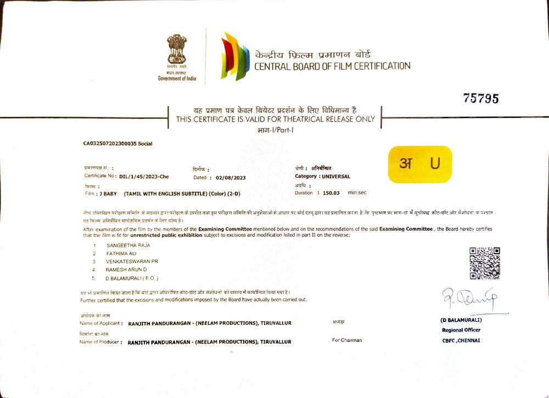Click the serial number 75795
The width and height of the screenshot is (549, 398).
[x=480, y=99]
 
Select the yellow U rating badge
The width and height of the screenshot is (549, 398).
[x=420, y=164]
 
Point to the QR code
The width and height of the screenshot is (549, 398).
[x=485, y=263]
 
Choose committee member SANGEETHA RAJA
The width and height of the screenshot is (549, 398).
[x=128, y=245]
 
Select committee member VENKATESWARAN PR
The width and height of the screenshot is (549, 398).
[x=132, y=262]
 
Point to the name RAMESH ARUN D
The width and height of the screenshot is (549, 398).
[x=126, y=270]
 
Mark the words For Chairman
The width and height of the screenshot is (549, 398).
[x=347, y=340]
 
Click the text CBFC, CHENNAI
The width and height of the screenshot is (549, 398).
[x=461, y=340]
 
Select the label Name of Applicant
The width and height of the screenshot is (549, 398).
[x=100, y=323]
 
